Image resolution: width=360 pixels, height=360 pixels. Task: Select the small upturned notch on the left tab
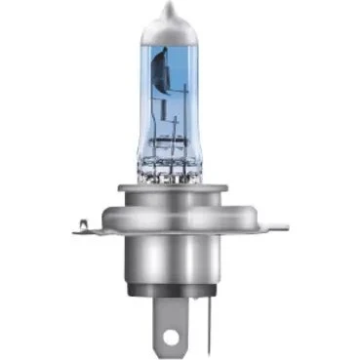pyautogui.click(x=82, y=222)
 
